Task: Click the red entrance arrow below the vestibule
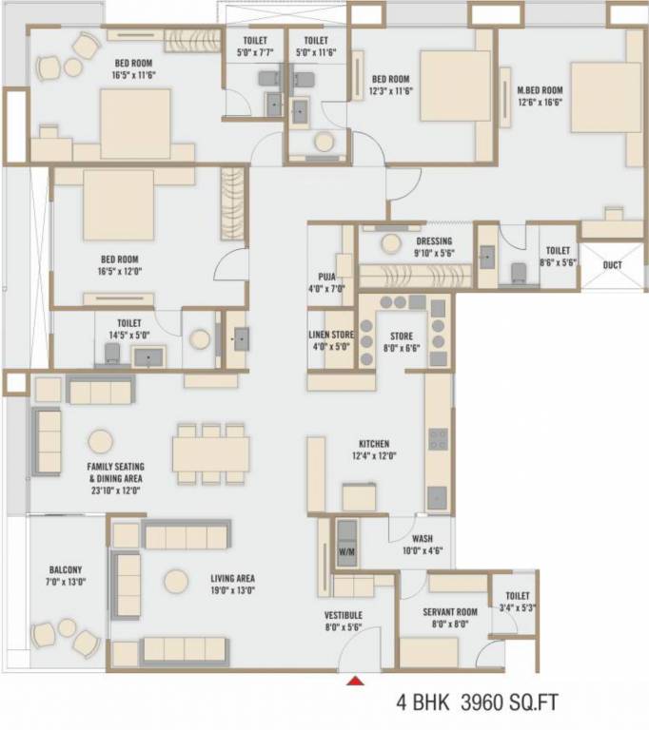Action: (355, 680)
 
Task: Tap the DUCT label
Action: (612, 265)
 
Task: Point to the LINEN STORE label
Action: (330, 335)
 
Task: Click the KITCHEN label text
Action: (373, 444)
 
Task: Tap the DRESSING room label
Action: (434, 241)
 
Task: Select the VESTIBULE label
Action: (343, 616)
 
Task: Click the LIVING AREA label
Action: (232, 578)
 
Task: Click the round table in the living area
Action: (174, 580)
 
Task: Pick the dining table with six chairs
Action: (211, 453)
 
